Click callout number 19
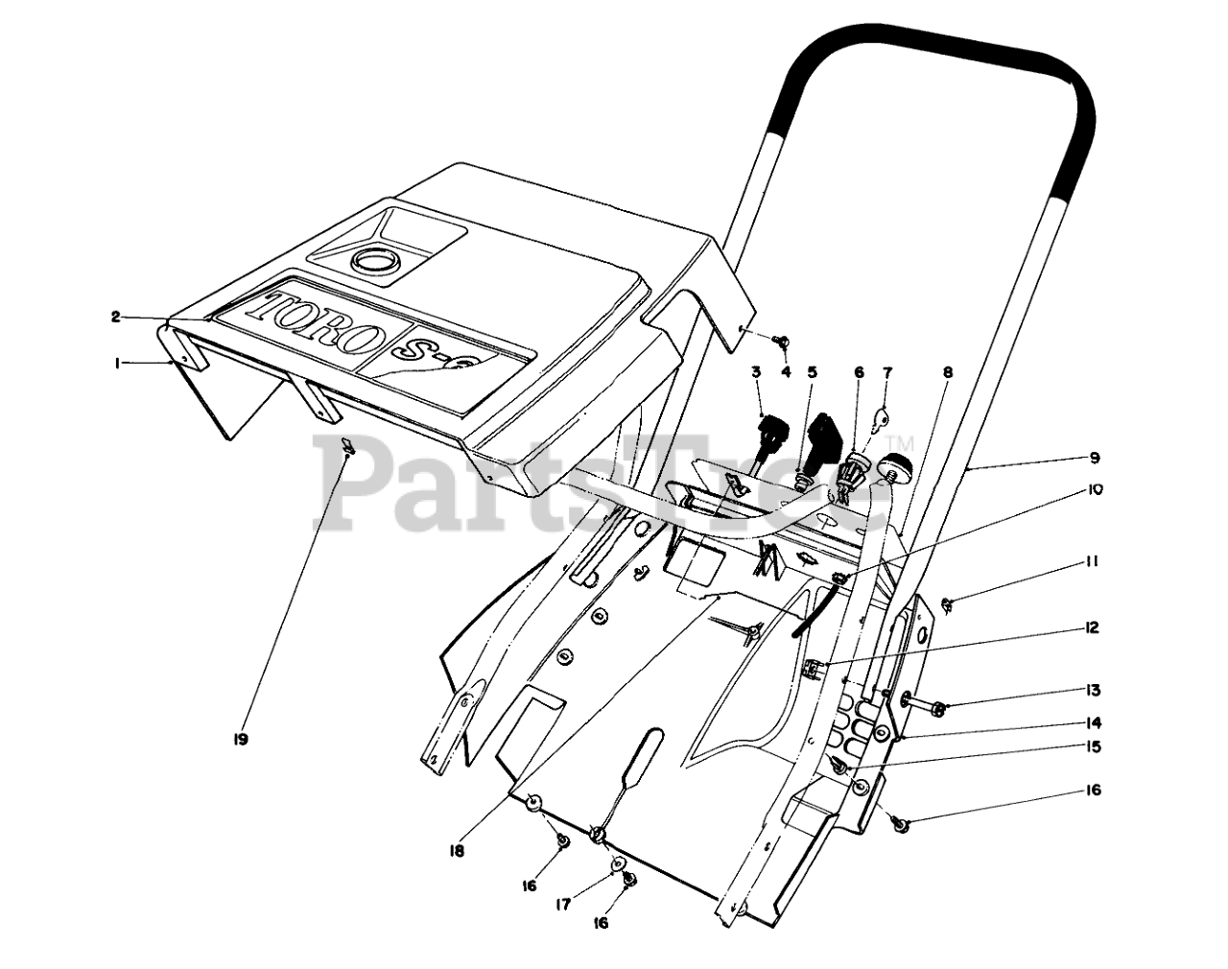(240, 740)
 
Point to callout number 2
(115, 316)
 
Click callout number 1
(116, 364)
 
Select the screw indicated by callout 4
(782, 340)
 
